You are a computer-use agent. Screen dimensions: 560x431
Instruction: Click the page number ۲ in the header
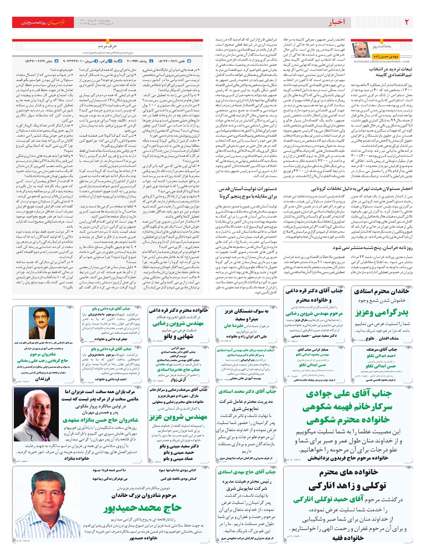pos(407,22)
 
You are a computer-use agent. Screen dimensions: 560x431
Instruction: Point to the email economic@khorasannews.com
pos(381,61)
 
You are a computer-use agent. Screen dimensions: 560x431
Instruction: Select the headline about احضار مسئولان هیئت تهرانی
pos(362,188)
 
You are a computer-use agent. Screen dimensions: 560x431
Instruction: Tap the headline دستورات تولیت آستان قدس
pos(248,189)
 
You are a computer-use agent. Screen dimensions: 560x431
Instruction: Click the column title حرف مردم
pos(107,46)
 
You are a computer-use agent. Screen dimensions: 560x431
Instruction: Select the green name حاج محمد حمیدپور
pos(142,508)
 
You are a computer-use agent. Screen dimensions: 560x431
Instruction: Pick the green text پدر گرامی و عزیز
pos(382,312)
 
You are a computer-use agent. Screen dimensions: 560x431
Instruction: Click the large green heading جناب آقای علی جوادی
pos(348,394)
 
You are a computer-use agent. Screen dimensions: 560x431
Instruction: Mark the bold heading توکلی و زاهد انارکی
pos(347,486)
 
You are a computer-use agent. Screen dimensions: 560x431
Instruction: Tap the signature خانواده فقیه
pos(348,538)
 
